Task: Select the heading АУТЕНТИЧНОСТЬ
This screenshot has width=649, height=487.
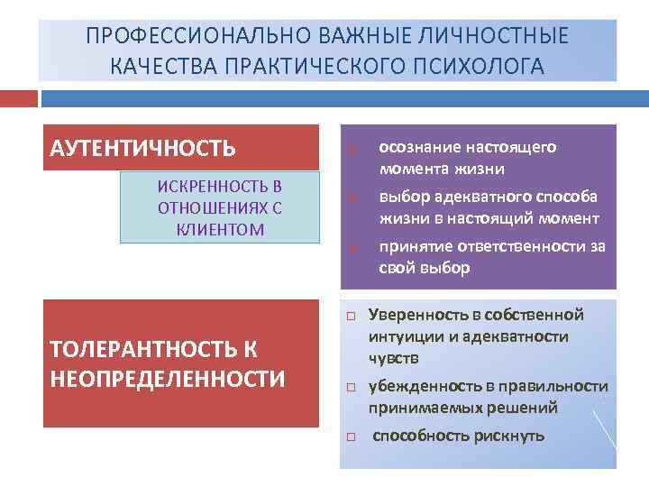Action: point(142,147)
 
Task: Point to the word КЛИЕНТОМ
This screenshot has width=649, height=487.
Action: point(221,229)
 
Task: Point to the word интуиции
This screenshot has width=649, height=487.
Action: point(399,336)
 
